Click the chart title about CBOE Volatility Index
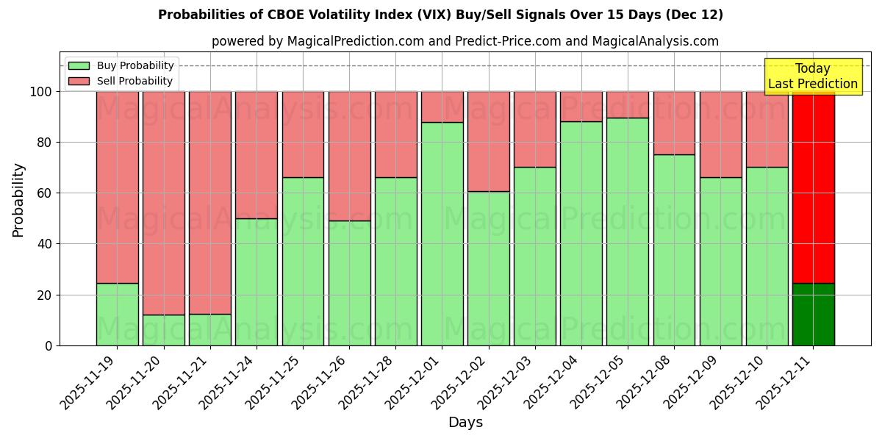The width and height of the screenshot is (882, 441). [440, 15]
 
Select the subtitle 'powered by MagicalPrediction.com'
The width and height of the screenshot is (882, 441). [465, 41]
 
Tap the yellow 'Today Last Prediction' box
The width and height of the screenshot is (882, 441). [812, 76]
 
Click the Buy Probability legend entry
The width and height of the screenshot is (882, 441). [121, 65]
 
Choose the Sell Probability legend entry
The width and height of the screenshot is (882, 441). [121, 81]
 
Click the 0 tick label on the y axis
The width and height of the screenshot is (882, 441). [49, 345]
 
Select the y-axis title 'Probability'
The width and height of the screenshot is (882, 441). [18, 199]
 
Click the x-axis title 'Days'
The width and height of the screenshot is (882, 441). [465, 422]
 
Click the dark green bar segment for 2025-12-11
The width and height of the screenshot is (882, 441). [813, 315]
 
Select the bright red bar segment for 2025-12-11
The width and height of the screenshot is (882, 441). [813, 187]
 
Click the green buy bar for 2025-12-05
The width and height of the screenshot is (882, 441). [628, 232]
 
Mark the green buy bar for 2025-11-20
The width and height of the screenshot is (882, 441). [163, 330]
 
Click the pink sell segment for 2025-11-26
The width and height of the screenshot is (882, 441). [349, 156]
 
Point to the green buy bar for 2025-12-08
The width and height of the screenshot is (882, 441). [674, 250]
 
